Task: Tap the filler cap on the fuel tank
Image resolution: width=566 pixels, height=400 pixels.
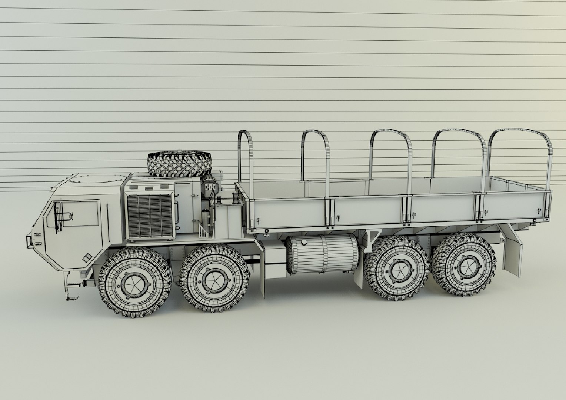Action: click(304, 242)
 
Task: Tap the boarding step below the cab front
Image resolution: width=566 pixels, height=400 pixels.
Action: click(72, 296)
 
